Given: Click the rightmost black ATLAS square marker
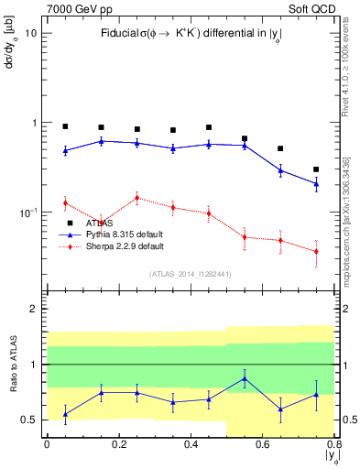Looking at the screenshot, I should point(316,169).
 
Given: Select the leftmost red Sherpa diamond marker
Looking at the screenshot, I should point(65,202).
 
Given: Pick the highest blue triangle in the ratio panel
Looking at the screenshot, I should point(244,378).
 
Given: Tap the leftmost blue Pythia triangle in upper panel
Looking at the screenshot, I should point(65,150).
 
